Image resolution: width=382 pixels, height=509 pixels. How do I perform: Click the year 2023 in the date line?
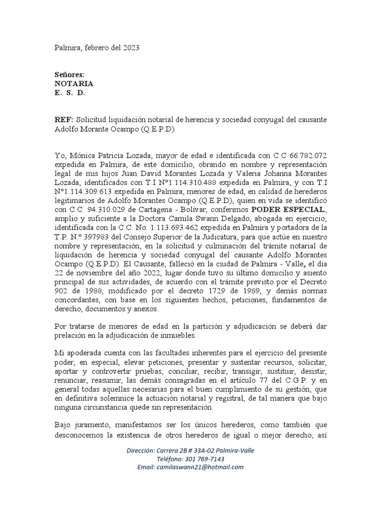point(131,48)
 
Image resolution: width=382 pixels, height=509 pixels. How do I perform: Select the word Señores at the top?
point(69,74)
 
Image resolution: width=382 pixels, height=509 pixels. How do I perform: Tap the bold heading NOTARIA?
point(73,84)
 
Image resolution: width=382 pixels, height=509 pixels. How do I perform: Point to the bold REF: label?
point(64,121)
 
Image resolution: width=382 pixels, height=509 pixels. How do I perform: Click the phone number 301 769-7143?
point(201,459)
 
